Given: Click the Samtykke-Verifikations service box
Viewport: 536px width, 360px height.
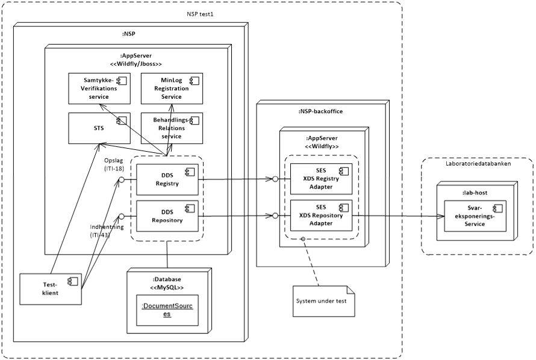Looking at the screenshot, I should click(98, 88).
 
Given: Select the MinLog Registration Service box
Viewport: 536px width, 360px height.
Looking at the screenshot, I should click(172, 88).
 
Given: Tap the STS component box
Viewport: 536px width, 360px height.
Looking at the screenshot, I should click(98, 128).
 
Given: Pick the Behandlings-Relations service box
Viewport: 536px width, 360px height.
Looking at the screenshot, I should click(172, 128).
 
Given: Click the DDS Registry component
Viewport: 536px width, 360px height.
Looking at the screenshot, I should click(167, 179).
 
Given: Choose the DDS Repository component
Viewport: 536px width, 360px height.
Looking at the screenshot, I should click(167, 216).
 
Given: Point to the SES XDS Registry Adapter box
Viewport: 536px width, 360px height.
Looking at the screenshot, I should click(321, 179).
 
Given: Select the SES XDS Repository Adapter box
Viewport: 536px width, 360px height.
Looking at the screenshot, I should click(321, 215).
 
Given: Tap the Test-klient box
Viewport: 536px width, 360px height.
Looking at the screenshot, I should click(51, 288).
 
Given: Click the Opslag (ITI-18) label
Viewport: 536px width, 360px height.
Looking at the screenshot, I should click(114, 165).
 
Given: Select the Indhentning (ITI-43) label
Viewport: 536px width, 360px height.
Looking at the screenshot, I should click(107, 231).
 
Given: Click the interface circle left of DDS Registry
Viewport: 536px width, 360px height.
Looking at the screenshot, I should click(121, 179).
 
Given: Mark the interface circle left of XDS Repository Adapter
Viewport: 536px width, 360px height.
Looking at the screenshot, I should click(275, 216).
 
